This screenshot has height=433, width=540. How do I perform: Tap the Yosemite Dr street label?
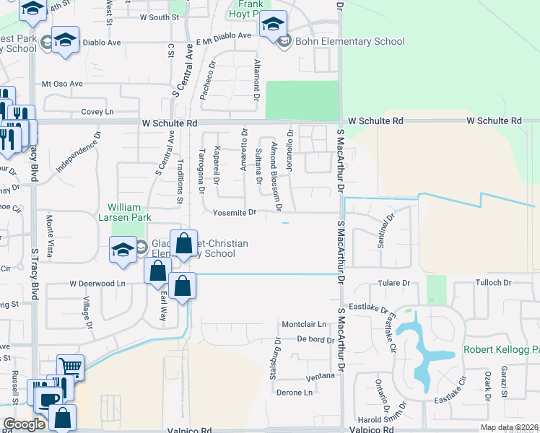[235, 212]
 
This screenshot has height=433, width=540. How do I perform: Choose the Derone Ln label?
[295, 393]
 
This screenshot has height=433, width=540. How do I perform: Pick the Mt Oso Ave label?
[63, 84]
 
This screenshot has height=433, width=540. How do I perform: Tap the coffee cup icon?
[50, 398]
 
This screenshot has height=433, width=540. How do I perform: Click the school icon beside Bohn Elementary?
[272, 25]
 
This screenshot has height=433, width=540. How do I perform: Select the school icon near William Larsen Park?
[123, 250]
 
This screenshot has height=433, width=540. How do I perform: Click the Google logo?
[24, 424]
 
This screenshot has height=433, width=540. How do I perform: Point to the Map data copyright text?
[509, 427]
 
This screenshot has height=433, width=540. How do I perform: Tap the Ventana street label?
[321, 376]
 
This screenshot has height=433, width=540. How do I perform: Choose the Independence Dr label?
[77, 152]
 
